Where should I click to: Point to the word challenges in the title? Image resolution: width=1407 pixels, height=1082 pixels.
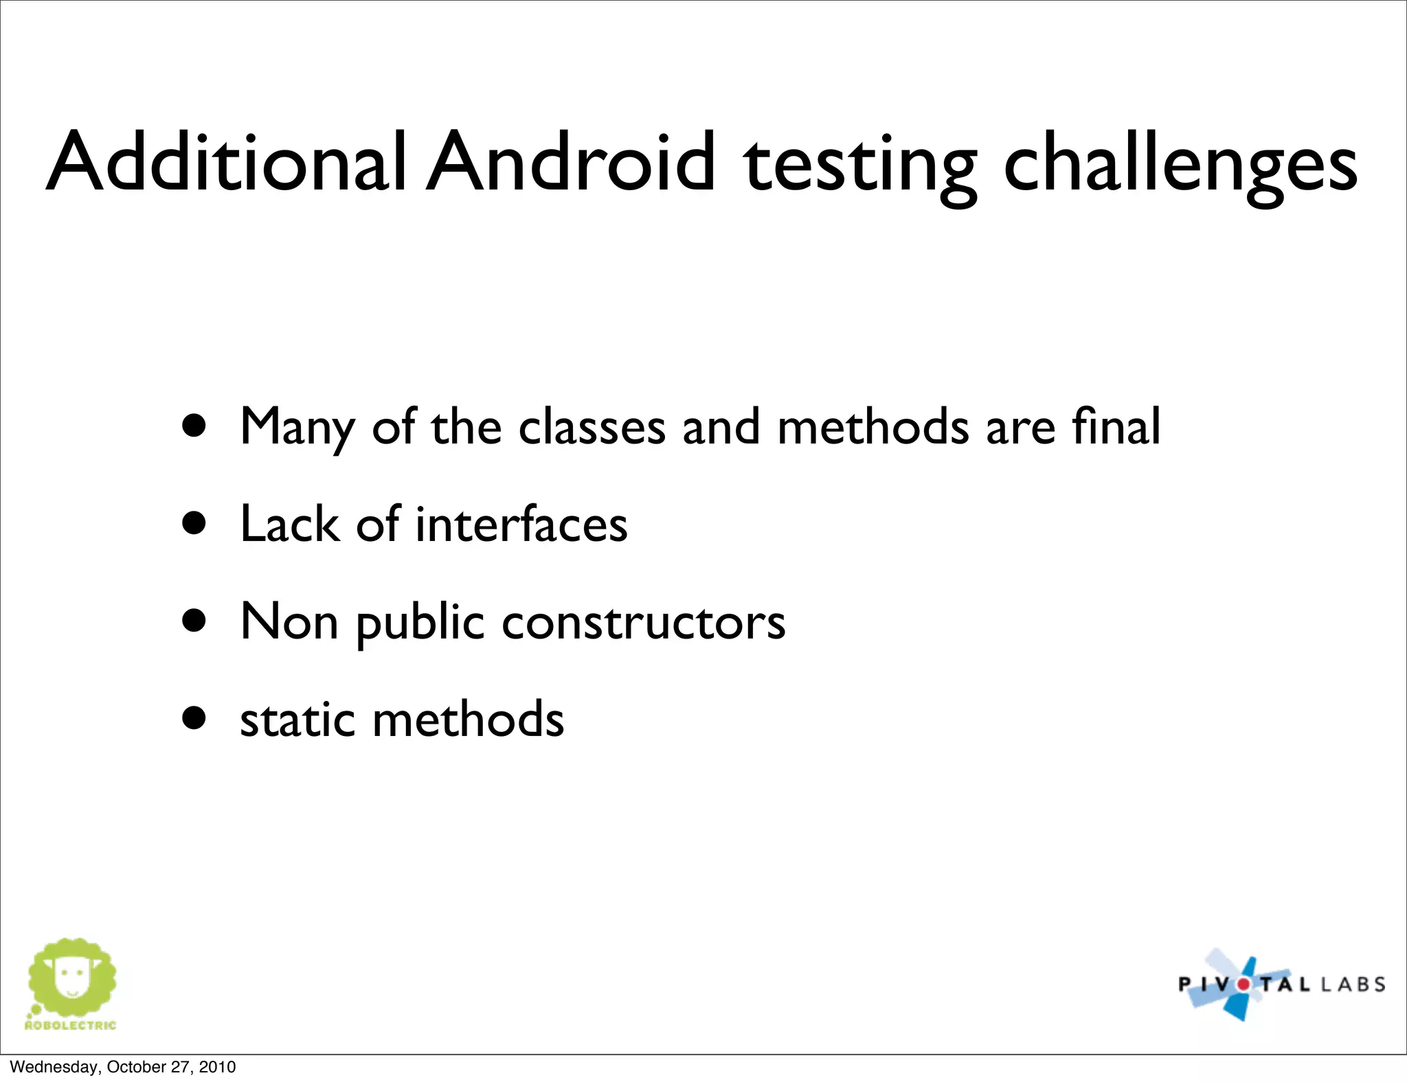(1180, 165)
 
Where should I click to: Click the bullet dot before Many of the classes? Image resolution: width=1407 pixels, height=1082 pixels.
(194, 426)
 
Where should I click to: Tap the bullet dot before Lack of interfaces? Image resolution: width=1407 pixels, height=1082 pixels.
(194, 523)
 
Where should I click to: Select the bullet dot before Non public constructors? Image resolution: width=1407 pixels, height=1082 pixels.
(194, 621)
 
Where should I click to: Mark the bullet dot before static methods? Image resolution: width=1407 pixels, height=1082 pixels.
(194, 718)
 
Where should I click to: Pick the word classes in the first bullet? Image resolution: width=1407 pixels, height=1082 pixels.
(592, 427)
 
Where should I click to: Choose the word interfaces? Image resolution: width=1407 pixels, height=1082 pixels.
(521, 524)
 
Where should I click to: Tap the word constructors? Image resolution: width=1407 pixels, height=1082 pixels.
(643, 622)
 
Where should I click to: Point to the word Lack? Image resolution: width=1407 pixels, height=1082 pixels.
(289, 524)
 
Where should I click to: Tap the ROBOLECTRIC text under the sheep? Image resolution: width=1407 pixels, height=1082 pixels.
(70, 1026)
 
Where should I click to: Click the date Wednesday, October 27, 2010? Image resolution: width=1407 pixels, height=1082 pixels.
(123, 1067)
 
